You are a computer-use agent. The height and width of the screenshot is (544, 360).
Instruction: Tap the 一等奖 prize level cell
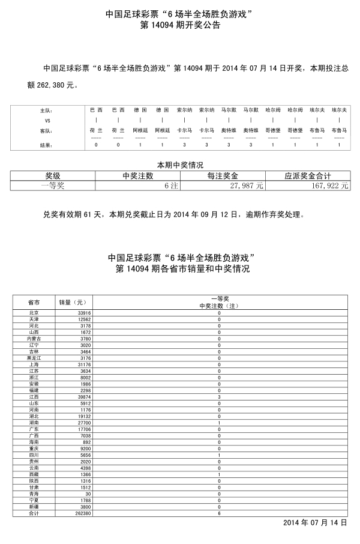(53, 187)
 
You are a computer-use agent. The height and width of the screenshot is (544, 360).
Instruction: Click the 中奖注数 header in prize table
(137, 176)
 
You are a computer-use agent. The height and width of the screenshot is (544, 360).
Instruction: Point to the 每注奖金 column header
(223, 176)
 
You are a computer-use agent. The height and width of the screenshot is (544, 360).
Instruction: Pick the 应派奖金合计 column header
(308, 176)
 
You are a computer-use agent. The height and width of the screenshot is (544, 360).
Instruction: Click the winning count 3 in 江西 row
(219, 397)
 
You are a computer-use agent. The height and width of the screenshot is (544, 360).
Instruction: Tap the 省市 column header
(34, 302)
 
